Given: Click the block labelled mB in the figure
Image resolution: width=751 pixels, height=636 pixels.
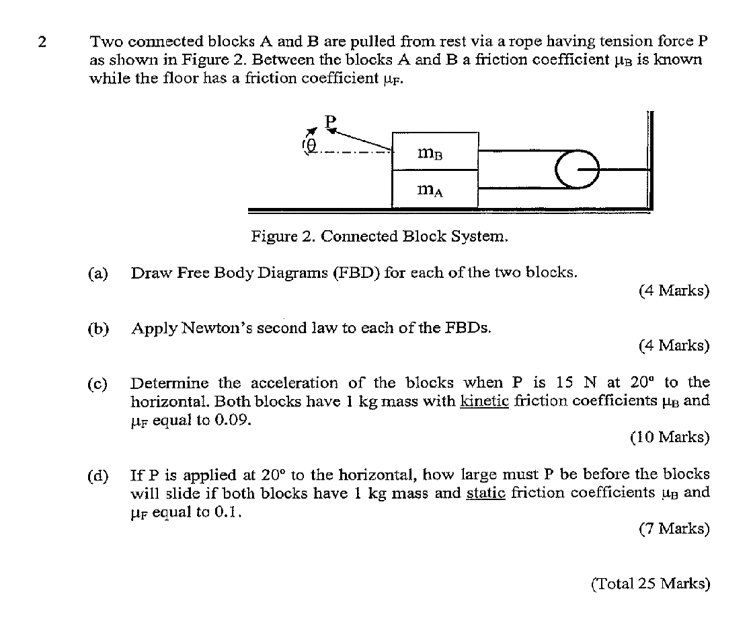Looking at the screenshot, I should coord(435,152).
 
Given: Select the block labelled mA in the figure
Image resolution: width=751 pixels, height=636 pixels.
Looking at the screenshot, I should coord(435,190).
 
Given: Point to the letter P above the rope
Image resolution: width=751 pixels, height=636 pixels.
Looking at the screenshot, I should coord(329,122).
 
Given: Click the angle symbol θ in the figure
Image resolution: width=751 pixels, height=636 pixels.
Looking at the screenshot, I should coord(311,144).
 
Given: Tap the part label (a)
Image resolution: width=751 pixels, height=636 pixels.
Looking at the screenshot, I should coord(98,273).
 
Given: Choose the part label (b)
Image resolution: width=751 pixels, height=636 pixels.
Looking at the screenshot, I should coord(98,328).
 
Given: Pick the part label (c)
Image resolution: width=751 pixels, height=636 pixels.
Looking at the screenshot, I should coord(98,384).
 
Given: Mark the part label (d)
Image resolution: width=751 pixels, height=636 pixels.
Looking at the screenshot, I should coord(98,475).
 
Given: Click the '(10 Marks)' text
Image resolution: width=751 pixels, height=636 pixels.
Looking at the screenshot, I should coord(670,437).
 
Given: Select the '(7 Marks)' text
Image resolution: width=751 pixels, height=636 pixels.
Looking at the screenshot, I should coord(674,528).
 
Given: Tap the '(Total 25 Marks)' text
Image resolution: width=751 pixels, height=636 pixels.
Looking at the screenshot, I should coord(650,584).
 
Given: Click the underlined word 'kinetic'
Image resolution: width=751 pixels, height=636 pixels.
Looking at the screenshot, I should coord(483,402).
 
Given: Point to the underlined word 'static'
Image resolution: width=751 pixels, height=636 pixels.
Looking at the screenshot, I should coord(486,493).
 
